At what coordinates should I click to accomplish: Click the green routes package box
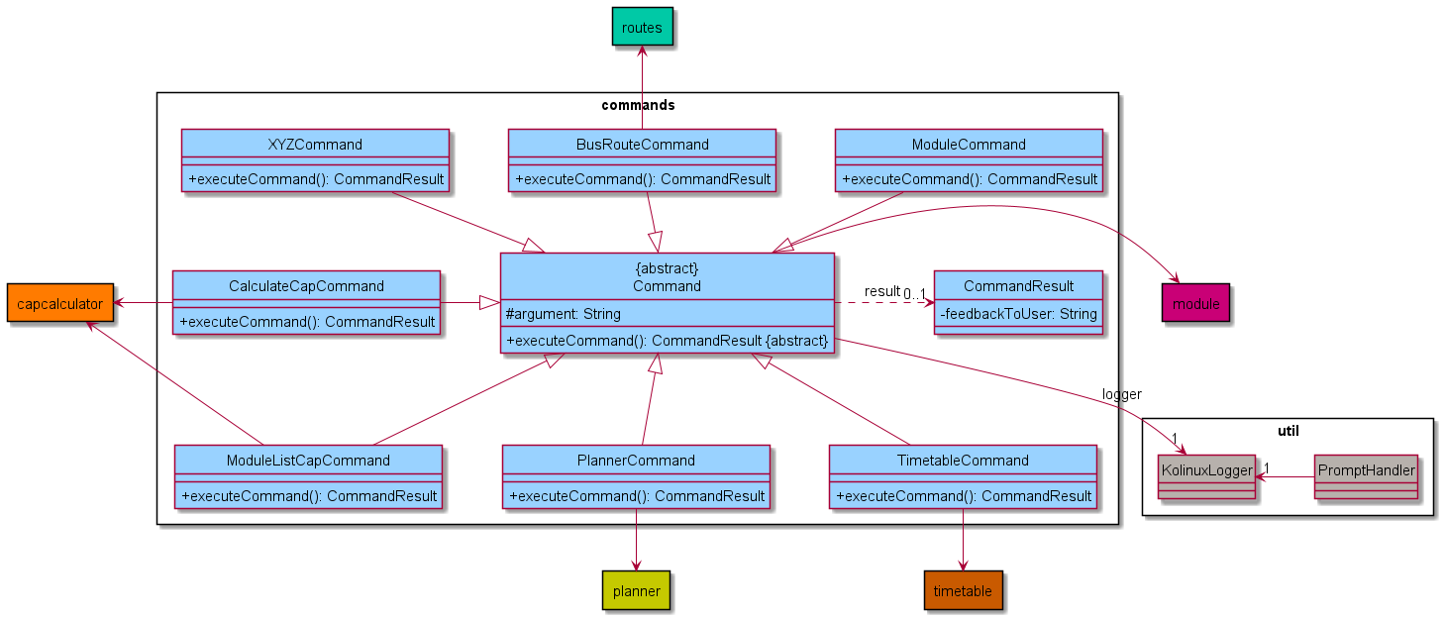point(642,28)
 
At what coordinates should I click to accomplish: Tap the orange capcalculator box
point(59,303)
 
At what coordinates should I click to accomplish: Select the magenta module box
point(1195,303)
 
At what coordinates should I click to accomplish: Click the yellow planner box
point(636,590)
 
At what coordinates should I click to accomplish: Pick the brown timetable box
point(963,590)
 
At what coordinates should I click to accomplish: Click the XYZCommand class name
point(315,145)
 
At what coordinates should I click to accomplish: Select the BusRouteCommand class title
point(642,145)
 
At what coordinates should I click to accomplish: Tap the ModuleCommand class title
point(969,145)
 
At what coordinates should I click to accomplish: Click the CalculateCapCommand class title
point(306,286)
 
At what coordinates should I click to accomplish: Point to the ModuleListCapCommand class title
point(308,461)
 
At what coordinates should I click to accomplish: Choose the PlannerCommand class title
point(636,461)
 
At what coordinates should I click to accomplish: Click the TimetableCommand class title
point(963,461)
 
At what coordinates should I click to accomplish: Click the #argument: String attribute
point(564,314)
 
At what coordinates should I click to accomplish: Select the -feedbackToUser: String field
point(1018,314)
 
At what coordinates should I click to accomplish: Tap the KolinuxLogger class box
point(1205,470)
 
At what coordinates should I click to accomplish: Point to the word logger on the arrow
point(1121,395)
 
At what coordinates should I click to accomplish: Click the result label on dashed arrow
point(881,291)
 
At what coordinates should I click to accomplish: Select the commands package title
point(638,105)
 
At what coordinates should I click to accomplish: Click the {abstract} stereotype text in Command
point(667,268)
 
